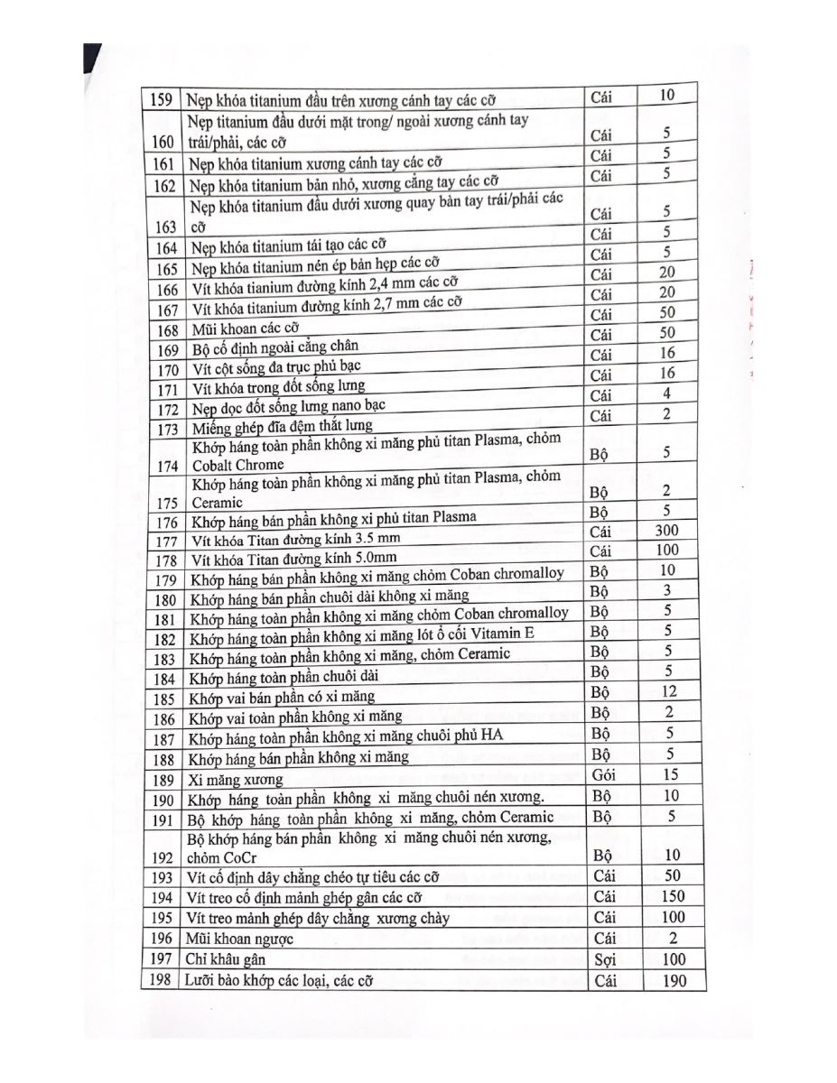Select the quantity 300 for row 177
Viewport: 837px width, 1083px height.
tap(666, 531)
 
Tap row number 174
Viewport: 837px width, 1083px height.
tap(166, 466)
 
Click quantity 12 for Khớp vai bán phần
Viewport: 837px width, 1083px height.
tap(667, 692)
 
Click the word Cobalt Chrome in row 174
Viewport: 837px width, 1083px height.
tap(237, 466)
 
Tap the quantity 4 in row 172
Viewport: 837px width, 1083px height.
tap(666, 393)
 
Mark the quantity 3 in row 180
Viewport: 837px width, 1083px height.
tap(666, 590)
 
